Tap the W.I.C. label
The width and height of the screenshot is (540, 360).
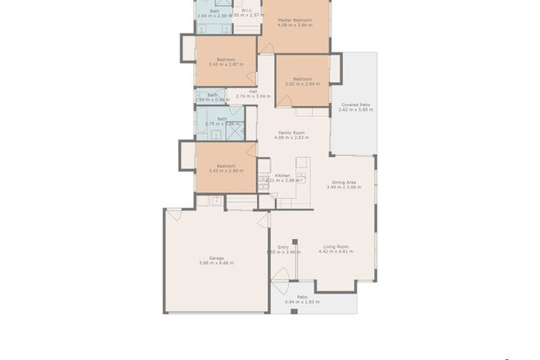[x=246, y=10]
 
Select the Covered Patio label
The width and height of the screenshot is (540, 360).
[x=354, y=105]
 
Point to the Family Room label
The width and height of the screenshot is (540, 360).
[x=291, y=133]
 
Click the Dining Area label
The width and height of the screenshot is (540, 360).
[x=344, y=182]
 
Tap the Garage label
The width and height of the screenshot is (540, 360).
[x=216, y=258]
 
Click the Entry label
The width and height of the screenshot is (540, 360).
[x=283, y=246]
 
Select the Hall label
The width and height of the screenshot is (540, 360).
[x=253, y=91]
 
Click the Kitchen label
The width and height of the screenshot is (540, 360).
[x=282, y=175]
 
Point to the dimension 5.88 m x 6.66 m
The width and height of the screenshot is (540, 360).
[x=216, y=263]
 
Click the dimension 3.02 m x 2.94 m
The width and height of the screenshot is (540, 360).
[x=302, y=84]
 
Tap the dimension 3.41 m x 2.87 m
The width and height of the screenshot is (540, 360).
[x=227, y=64]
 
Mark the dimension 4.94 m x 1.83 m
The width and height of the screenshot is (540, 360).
[x=302, y=303]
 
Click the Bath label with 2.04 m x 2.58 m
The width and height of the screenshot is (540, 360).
[x=214, y=11]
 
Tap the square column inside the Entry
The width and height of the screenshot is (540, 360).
[x=295, y=242]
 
